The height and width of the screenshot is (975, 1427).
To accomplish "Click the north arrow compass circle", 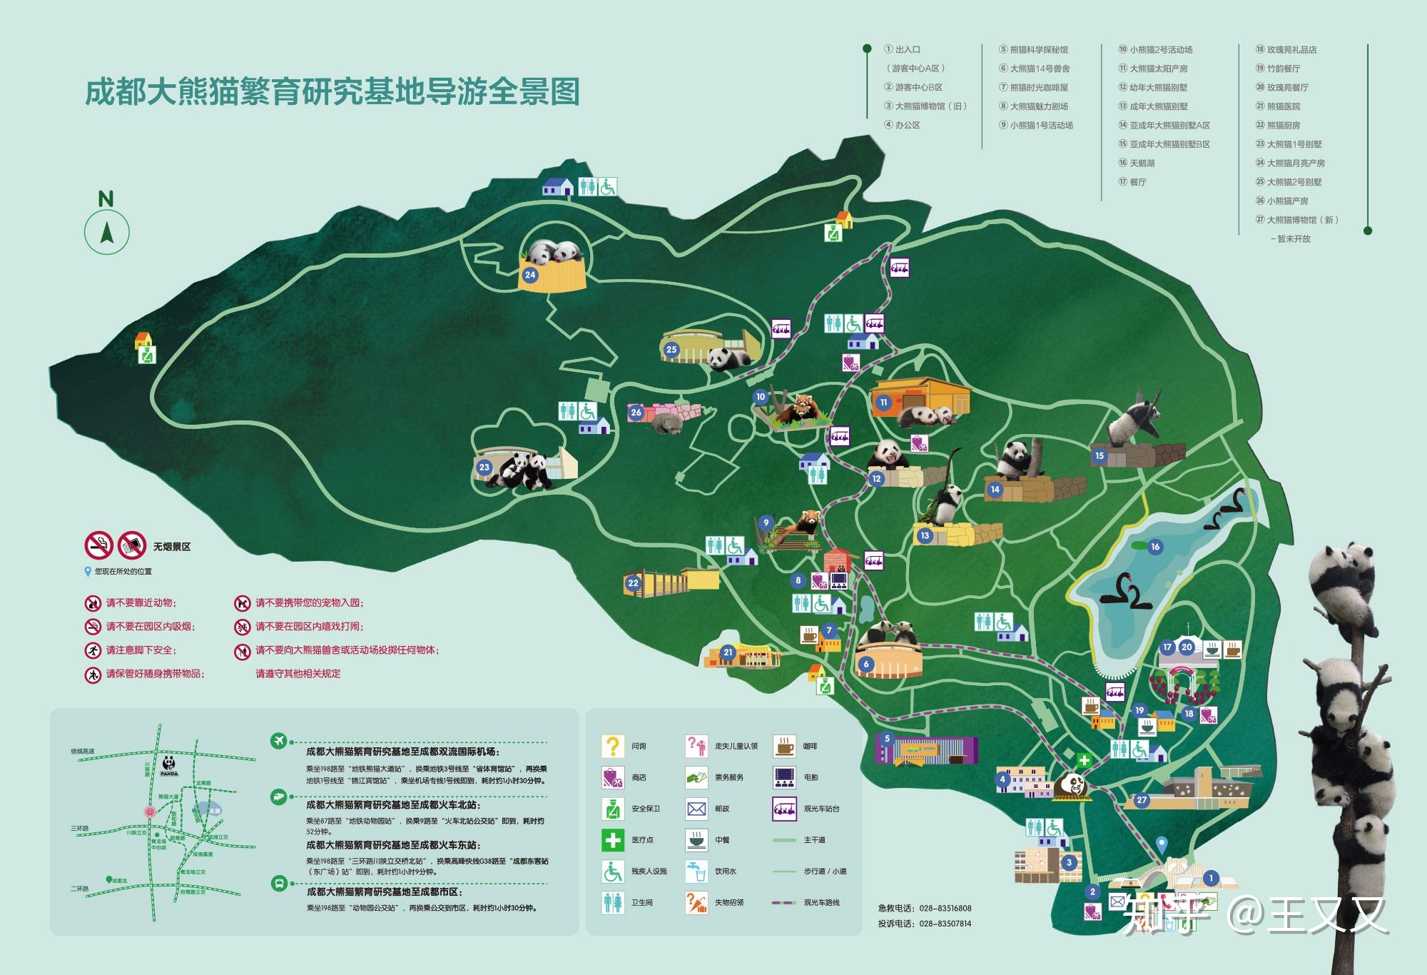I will pyautogui.click(x=107, y=233).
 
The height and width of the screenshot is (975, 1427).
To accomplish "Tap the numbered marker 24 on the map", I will pyautogui.click(x=529, y=275).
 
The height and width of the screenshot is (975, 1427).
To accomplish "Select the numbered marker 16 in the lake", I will pyautogui.click(x=1155, y=547).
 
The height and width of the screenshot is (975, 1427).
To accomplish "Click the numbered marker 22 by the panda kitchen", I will pyautogui.click(x=633, y=583).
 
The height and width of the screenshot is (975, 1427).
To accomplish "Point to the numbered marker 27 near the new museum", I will pyautogui.click(x=1142, y=799).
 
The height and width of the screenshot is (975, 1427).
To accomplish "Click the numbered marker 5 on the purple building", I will pyautogui.click(x=887, y=739).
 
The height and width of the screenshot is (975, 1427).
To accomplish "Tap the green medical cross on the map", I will pyautogui.click(x=1084, y=760).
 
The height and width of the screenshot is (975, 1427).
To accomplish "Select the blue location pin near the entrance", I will pyautogui.click(x=1162, y=844).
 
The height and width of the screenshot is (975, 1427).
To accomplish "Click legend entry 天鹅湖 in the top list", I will pyautogui.click(x=1142, y=163).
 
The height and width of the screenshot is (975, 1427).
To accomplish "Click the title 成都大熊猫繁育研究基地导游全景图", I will pyautogui.click(x=332, y=93).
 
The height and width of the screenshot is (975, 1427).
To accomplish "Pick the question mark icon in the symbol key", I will pyautogui.click(x=612, y=746).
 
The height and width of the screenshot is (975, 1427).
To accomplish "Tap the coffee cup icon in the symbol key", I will pyautogui.click(x=784, y=746).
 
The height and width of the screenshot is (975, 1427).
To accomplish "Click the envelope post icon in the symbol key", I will pyautogui.click(x=696, y=809).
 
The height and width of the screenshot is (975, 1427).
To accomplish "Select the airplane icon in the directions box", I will pyautogui.click(x=279, y=740).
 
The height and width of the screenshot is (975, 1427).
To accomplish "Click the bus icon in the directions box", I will pyautogui.click(x=279, y=883).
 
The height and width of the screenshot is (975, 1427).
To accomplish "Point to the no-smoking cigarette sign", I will pyautogui.click(x=99, y=546).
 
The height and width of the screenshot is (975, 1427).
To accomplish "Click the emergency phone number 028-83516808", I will pyautogui.click(x=945, y=909).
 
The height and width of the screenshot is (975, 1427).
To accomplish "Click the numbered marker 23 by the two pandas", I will pyautogui.click(x=484, y=468).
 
